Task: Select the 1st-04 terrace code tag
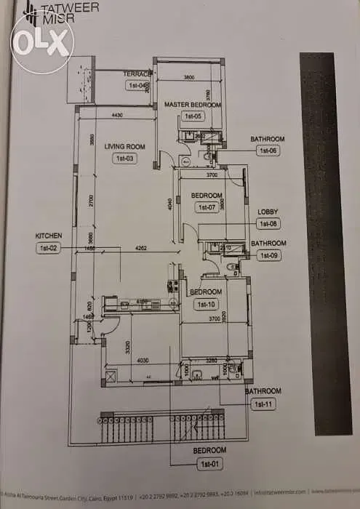(138, 86)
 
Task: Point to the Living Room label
(124, 146)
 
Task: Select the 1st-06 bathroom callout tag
(268, 151)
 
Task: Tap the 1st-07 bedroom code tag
(206, 207)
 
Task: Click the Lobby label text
(268, 212)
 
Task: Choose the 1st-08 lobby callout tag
(268, 224)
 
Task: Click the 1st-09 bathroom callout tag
(268, 255)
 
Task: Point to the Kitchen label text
(49, 236)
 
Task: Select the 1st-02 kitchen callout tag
(47, 248)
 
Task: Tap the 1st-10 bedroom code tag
(206, 304)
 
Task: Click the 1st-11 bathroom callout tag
(262, 403)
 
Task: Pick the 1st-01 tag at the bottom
(209, 462)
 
